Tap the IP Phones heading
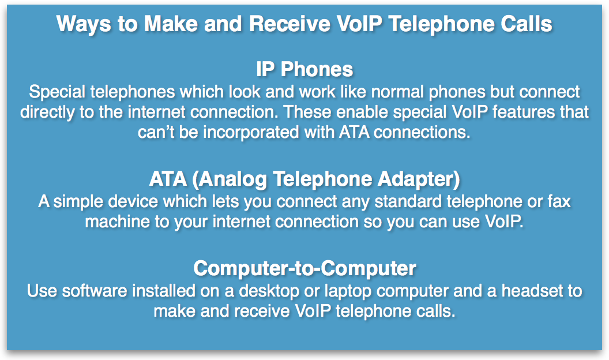coord(304,69)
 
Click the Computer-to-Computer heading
coord(304,268)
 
